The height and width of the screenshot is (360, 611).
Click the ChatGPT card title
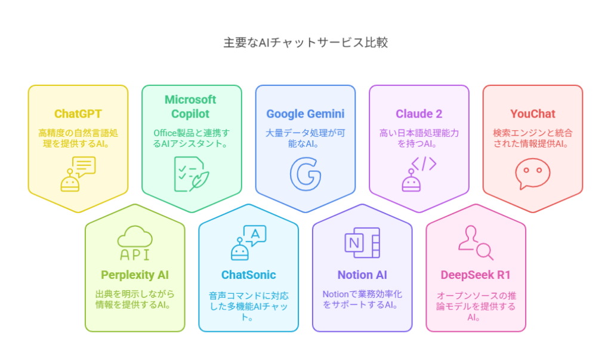point(78,113)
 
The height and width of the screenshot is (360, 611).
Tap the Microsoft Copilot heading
point(190,106)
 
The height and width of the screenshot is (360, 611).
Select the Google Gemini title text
point(305,113)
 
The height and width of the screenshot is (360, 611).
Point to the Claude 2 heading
point(419,113)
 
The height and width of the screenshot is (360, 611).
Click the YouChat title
point(533,113)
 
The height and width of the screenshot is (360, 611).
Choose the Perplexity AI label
point(135,275)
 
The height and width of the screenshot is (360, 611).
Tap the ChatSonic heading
point(249,275)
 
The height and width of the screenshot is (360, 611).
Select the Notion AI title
point(362,275)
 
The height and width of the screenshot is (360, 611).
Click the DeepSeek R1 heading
point(476,275)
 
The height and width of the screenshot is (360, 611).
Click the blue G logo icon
point(305,174)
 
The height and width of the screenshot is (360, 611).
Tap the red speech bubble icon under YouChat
point(533,174)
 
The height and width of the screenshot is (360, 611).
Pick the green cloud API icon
point(135,242)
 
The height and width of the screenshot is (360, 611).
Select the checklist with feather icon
point(192,174)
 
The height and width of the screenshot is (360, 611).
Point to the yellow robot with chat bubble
point(78,174)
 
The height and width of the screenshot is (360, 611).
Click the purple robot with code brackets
point(419,174)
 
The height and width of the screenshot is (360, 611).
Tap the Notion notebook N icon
point(362,242)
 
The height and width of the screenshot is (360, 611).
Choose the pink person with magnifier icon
point(476,242)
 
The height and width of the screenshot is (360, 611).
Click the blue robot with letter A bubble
point(249,242)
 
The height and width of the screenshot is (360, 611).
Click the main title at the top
point(305,42)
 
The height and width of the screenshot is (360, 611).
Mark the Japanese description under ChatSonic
point(249,306)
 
